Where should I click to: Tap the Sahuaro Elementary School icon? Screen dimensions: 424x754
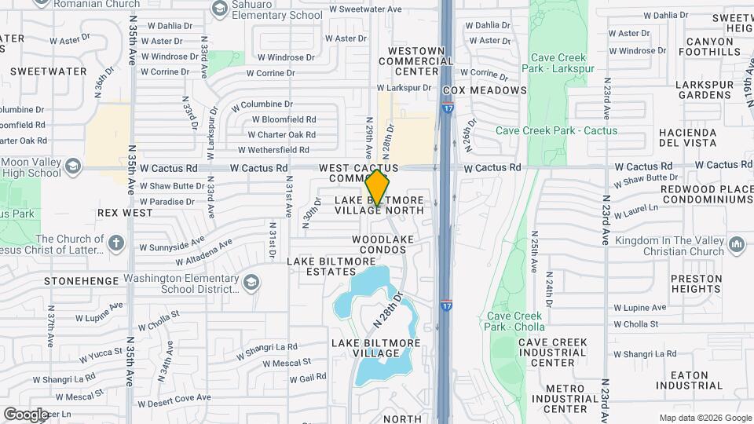pos(220,9)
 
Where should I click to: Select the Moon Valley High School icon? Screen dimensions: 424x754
pos(73,166)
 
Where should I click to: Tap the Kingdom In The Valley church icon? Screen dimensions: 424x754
pos(736,246)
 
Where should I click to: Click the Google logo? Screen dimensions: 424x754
pos(26,414)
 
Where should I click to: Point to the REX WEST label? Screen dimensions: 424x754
pos(125,213)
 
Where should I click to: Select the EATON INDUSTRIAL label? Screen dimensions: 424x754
pos(689,381)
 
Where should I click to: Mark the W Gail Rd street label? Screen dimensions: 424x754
pos(308,378)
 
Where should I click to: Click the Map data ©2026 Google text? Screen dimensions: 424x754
pos(705,418)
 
